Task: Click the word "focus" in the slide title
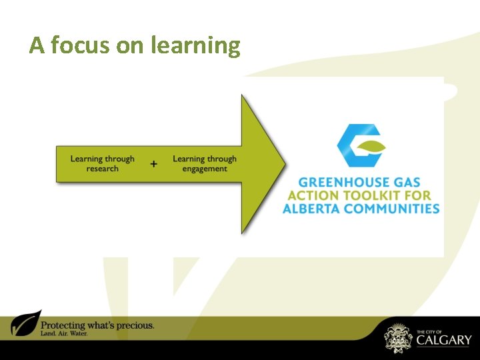pos(79,45)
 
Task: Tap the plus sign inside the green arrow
pos(154,163)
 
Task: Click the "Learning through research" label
pos(102,163)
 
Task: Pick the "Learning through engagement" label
pos(204,163)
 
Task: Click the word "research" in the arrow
pos(102,169)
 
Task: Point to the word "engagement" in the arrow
pos(204,169)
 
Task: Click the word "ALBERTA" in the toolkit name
pos(313,209)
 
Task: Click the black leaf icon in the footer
pos(25,324)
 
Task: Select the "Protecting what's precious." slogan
pos(97,325)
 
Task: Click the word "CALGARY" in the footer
pos(443,340)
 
